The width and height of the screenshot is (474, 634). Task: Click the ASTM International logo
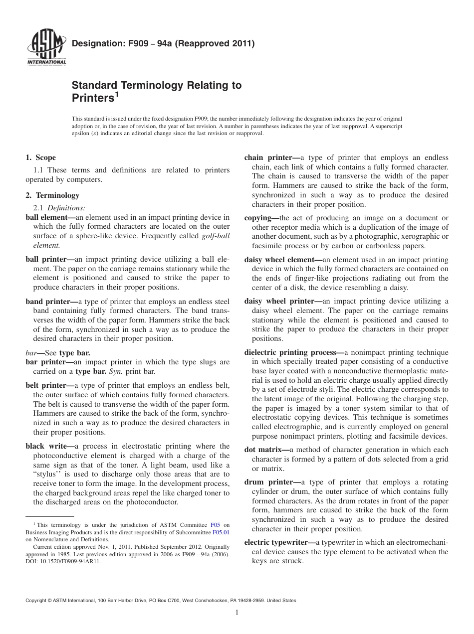pyautogui.click(x=46, y=49)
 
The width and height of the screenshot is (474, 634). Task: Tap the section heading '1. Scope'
pyautogui.click(x=40, y=158)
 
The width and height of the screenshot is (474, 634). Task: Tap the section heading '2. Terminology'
pyautogui.click(x=52, y=195)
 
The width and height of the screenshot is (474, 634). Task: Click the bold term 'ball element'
pyautogui.click(x=46, y=217)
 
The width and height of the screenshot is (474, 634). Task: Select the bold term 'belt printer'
pyautogui.click(x=46, y=385)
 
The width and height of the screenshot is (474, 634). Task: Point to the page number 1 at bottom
pyautogui.click(x=237, y=613)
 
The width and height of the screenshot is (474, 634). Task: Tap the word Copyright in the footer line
pyautogui.click(x=38, y=601)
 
